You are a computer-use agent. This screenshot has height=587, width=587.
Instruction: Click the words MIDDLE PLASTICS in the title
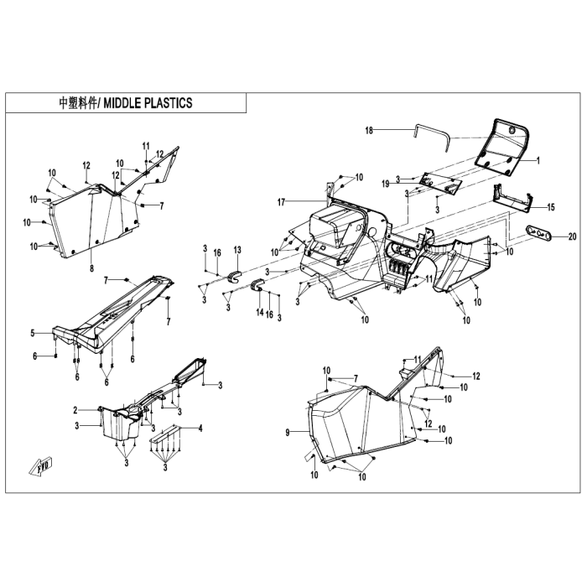pos(148,103)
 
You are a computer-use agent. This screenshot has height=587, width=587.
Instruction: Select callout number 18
pos(369,131)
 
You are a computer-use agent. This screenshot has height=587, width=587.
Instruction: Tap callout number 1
pos(538,161)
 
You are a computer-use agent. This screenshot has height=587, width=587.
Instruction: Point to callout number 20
pos(572,236)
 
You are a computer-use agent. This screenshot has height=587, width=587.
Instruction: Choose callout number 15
pos(551,207)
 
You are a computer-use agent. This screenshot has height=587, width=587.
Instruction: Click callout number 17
pos(281,203)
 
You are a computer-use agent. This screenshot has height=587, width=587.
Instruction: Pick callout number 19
pos(386,184)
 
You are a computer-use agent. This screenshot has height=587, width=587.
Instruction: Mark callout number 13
pos(237,250)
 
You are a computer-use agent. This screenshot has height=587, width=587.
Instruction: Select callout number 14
pos(260,312)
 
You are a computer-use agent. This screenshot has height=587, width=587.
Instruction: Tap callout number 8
pos(91,268)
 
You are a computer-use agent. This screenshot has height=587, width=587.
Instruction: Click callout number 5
pos(33,333)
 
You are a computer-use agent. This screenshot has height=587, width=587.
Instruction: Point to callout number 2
pos(75,410)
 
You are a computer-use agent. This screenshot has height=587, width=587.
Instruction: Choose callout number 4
pos(200,428)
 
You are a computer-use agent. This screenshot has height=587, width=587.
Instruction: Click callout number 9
pos(288,433)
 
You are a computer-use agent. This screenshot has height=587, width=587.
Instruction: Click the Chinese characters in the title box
pos(78,103)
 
